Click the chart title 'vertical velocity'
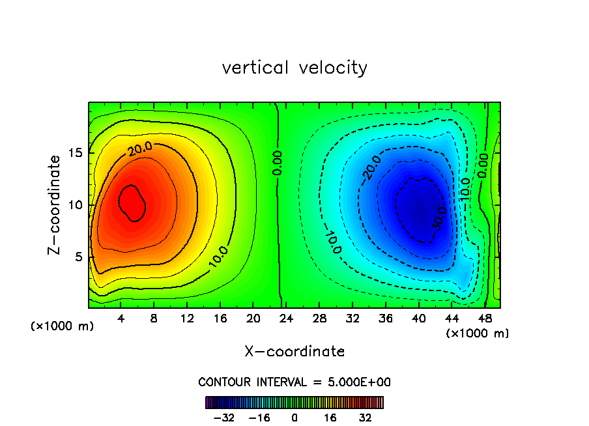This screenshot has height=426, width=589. pyautogui.click(x=294, y=68)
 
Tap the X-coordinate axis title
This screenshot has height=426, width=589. pyautogui.click(x=294, y=352)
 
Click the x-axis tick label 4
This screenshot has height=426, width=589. pyautogui.click(x=121, y=319)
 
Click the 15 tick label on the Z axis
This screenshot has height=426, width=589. pyautogui.click(x=76, y=153)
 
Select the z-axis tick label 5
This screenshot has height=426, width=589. pyautogui.click(x=79, y=257)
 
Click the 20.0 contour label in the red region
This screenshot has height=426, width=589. pyautogui.click(x=140, y=149)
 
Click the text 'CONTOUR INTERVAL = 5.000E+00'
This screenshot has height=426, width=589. pyautogui.click(x=294, y=382)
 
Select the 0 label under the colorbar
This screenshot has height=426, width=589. pyautogui.click(x=294, y=418)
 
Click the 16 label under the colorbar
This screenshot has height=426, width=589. pyautogui.click(x=330, y=418)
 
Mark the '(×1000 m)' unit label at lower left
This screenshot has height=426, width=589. pyautogui.click(x=63, y=326)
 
